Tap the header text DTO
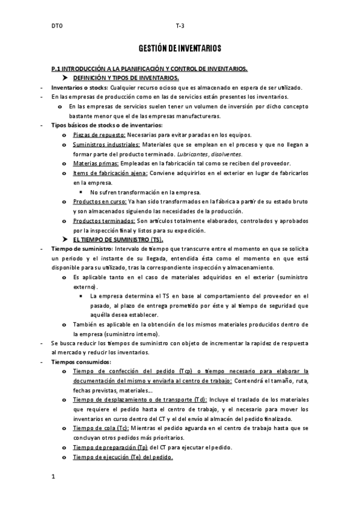pyautogui.click(x=56, y=26)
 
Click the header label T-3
pyautogui.click(x=180, y=26)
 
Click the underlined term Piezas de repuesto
pyautogui.click(x=99, y=135)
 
